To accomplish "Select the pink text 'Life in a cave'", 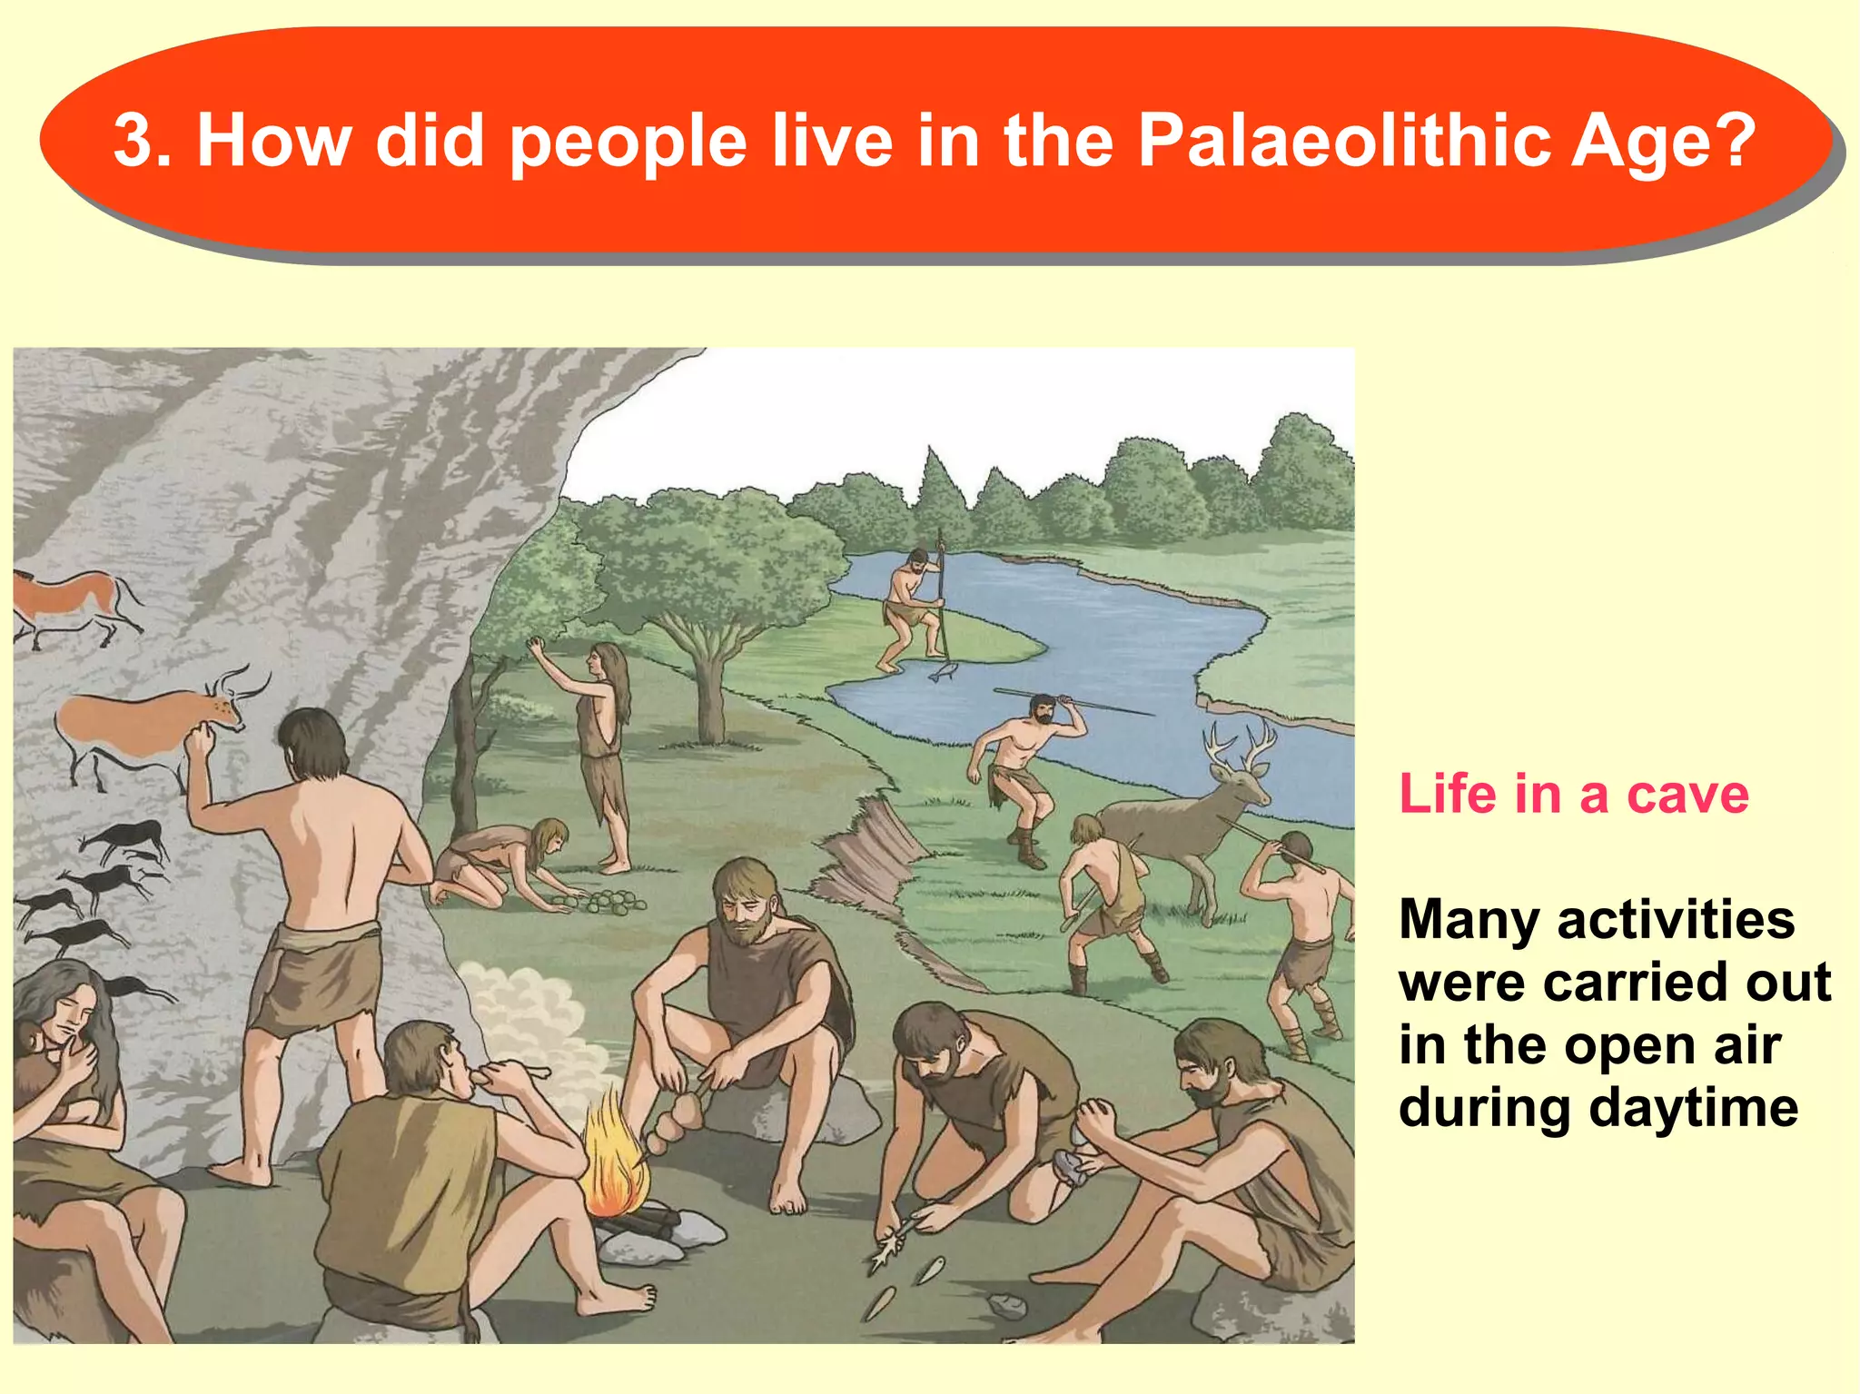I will (1573, 794).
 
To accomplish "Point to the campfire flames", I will (616, 1153).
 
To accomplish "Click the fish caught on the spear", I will (943, 671).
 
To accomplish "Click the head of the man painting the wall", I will (313, 743).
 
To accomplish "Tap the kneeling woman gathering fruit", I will (504, 863).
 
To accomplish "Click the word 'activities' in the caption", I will (1676, 919).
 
